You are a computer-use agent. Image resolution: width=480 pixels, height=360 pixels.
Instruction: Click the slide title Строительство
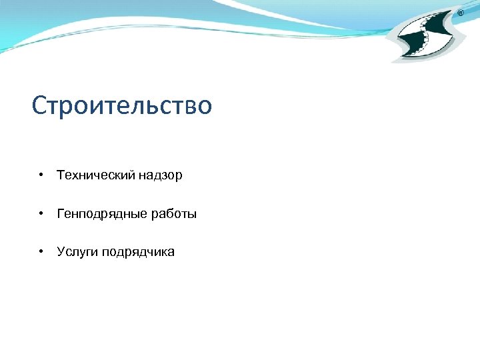pos(122,105)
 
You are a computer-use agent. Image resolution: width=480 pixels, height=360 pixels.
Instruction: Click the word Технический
pos(96,175)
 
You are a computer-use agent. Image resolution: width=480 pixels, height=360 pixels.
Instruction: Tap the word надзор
pos(161,175)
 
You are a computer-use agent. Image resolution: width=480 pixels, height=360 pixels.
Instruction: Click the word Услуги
pos(77,252)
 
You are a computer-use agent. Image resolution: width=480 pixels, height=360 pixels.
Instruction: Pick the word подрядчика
pos(139,252)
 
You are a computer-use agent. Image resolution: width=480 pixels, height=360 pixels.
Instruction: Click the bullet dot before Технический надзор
pos(41,175)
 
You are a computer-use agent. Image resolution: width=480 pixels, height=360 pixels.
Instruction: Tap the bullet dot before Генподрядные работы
pos(41,214)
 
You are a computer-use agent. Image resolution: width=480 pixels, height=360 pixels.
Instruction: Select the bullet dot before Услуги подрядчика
pos(41,252)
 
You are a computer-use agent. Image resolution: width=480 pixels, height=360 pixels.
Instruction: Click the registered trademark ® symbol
pos(461,13)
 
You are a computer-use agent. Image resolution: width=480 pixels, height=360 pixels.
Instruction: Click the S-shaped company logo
pos(427,37)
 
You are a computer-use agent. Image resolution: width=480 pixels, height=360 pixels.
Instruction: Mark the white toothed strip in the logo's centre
pos(427,37)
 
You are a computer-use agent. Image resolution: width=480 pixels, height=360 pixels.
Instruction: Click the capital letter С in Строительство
pos(39,105)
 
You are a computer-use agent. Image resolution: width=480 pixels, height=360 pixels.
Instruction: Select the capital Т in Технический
pos(61,175)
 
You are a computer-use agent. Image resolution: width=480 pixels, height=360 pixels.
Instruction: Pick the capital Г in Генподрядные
pos(61,214)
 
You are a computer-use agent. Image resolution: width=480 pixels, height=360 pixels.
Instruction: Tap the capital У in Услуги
pos(61,252)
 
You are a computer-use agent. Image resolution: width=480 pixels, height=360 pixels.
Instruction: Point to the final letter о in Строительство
pos(205,107)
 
